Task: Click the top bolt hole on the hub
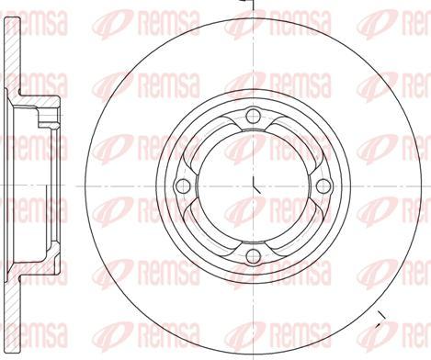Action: pyautogui.click(x=253, y=115)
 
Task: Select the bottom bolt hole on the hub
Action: pyautogui.click(x=253, y=255)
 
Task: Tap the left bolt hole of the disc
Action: pyautogui.click(x=182, y=186)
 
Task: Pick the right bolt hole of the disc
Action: pyautogui.click(x=323, y=186)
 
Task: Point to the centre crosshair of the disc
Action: pyautogui.click(x=253, y=186)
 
